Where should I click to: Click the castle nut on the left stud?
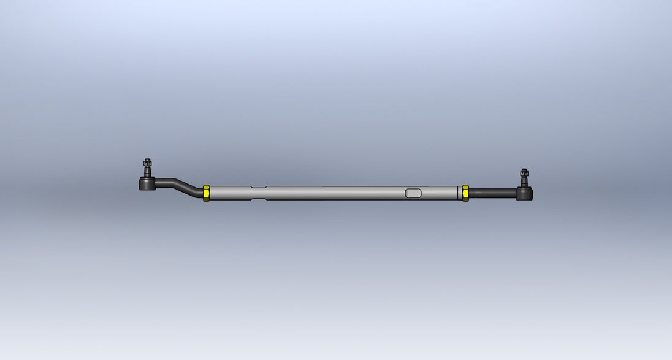(x=147, y=163)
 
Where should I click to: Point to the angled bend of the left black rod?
(x=188, y=186)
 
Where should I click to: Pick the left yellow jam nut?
(x=206, y=193)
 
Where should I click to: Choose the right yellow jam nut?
(x=465, y=193)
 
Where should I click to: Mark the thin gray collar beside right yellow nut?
(x=460, y=193)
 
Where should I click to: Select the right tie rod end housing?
(x=524, y=194)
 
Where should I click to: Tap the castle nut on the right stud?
(x=524, y=174)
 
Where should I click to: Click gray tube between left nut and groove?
(x=230, y=193)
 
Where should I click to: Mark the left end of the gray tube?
(x=212, y=193)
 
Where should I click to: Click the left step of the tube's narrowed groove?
(x=251, y=193)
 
